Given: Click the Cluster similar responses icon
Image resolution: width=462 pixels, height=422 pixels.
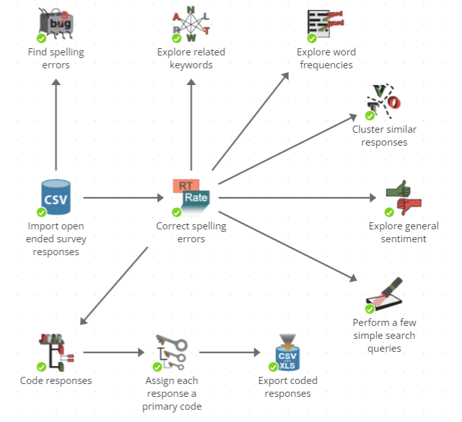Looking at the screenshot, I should pyautogui.click(x=383, y=101).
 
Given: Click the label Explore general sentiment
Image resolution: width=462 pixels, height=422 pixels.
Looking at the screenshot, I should pyautogui.click(x=403, y=233).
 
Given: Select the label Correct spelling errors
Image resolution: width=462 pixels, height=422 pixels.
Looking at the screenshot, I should pyautogui.click(x=191, y=233).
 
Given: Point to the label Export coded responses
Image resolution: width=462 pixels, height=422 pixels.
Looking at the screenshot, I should pyautogui.click(x=287, y=387).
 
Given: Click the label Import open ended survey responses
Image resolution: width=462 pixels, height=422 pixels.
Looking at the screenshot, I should pyautogui.click(x=56, y=239).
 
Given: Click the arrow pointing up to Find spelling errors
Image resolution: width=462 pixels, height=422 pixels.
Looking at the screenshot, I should pyautogui.click(x=56, y=122).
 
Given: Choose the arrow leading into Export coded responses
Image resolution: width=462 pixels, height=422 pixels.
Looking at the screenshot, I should pyautogui.click(x=229, y=352).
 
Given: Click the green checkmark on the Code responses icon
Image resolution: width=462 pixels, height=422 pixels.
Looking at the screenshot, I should pyautogui.click(x=41, y=367).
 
